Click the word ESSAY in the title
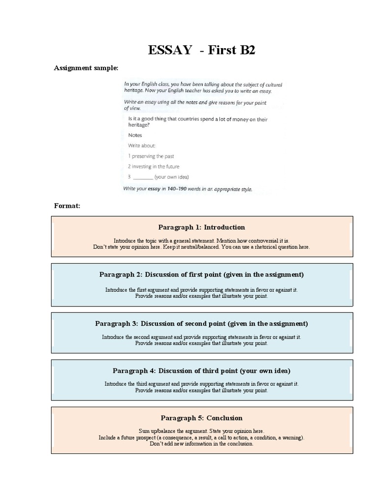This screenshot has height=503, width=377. (x=170, y=50)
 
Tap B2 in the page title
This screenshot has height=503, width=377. (x=245, y=50)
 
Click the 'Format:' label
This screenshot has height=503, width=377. (x=67, y=205)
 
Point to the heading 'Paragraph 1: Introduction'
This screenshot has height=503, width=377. (x=201, y=227)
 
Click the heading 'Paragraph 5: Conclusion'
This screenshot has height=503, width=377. (x=201, y=418)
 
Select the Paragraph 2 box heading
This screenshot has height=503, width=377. (x=201, y=274)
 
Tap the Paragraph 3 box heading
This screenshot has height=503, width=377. (x=201, y=324)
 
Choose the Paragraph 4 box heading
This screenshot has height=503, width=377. (x=201, y=371)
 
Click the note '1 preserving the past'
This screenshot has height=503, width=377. (x=151, y=156)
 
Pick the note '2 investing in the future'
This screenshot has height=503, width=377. (x=154, y=167)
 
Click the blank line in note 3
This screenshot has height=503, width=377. (x=143, y=177)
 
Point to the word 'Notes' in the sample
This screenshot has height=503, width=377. (x=135, y=135)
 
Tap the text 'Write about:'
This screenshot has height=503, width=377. (x=142, y=146)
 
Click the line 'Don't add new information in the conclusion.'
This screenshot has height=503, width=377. (x=201, y=444)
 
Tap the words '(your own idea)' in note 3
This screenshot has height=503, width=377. (x=171, y=177)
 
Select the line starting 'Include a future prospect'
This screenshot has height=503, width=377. (x=201, y=437)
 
